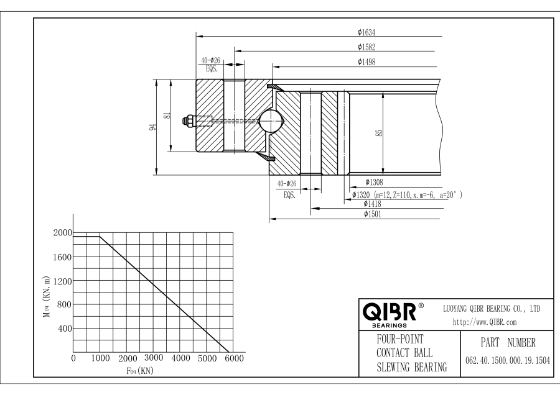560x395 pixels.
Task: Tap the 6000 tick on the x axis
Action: point(235,359)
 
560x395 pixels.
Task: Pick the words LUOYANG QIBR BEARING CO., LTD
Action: point(492,309)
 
